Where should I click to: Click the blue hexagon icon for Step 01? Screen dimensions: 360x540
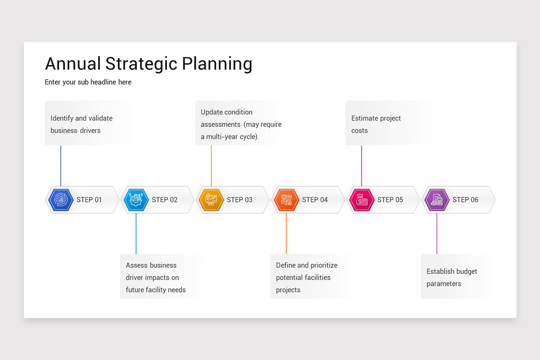click(61, 200)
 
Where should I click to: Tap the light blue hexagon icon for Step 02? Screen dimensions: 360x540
click(136, 200)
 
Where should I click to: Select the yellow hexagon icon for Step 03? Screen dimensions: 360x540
click(211, 200)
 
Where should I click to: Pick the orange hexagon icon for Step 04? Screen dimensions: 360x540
click(286, 200)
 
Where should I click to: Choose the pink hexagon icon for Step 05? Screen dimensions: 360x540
click(361, 200)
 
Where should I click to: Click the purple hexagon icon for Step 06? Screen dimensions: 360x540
click(436, 200)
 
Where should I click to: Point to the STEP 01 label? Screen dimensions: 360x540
click(89, 200)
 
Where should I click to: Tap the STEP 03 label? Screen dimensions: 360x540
click(239, 200)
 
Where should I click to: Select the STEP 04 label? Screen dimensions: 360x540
click(315, 200)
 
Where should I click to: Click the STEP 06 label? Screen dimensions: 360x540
click(465, 200)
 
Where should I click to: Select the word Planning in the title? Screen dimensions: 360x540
click(217, 64)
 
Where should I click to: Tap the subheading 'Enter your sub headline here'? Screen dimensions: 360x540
click(88, 82)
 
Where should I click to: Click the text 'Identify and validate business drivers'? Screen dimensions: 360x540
click(81, 124)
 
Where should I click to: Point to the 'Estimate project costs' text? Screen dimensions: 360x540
click(376, 124)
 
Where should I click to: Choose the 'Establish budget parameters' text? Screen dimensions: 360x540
click(451, 278)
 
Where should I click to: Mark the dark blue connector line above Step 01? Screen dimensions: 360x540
click(61, 165)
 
